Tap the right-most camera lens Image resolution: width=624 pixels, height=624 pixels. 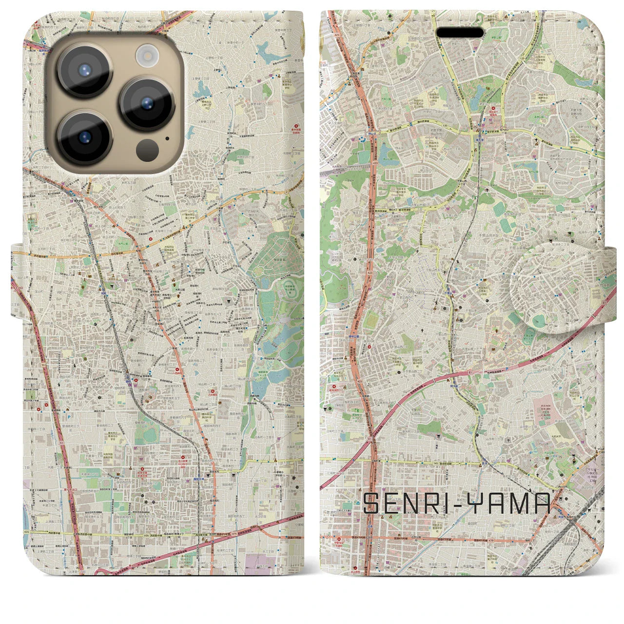(147, 103)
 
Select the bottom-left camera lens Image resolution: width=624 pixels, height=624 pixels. (85, 137)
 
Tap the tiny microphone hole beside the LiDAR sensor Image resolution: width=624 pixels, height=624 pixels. (168, 137)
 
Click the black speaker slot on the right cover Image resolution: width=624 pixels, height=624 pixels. (460, 33)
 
